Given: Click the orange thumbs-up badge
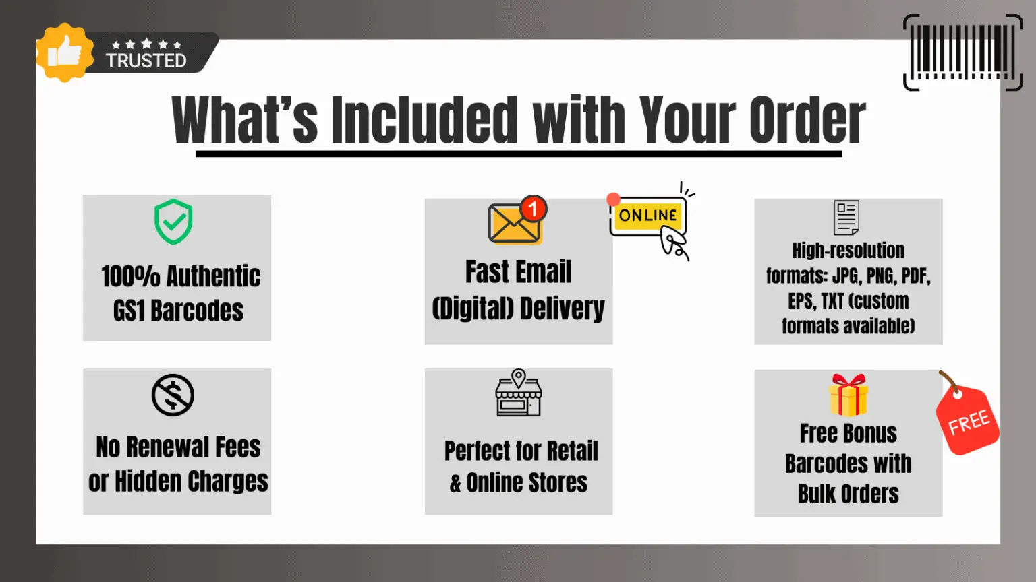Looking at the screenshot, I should click(x=64, y=53).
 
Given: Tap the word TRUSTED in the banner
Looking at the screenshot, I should click(x=146, y=61).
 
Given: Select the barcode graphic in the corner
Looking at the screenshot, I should click(x=962, y=53).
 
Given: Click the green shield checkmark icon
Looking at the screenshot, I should click(x=173, y=222).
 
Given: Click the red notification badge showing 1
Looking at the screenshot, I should click(x=533, y=208).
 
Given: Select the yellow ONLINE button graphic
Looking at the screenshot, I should click(x=647, y=216).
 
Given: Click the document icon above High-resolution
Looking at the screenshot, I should click(x=846, y=218).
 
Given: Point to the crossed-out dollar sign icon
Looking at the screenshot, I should click(x=173, y=395).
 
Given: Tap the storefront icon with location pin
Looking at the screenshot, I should click(x=518, y=393).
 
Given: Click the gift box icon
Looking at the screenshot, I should click(x=848, y=395).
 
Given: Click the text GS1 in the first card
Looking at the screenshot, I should click(x=129, y=311).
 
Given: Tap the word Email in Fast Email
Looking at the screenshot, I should click(x=544, y=272).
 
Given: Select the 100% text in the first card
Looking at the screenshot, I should click(x=130, y=276).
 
